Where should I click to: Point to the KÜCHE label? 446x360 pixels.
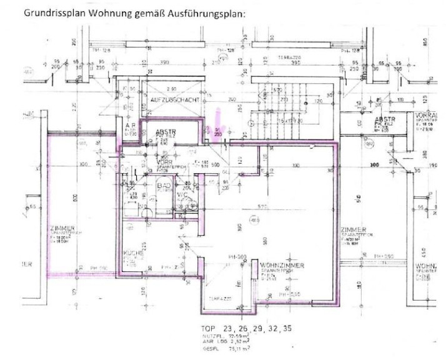click(x=132, y=253)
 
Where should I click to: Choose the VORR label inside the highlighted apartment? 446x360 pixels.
click(x=164, y=161)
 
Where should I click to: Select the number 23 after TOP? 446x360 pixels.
click(x=229, y=328)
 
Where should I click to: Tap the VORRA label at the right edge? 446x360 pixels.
click(x=426, y=116)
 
